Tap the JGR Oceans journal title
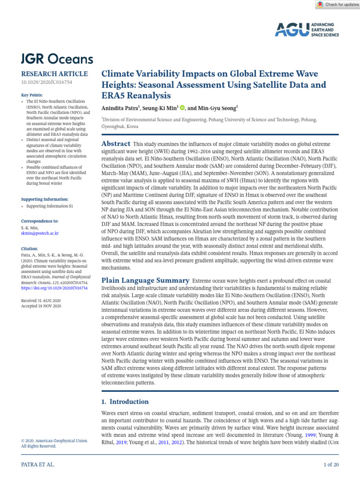tap(57, 59)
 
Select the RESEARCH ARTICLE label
tap(54, 74)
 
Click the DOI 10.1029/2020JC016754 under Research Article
tap(46, 82)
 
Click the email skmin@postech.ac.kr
tap(40, 233)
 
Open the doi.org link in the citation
tap(54, 288)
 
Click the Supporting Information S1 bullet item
tap(50, 206)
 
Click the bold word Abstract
tap(116, 144)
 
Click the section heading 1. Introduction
tap(125, 402)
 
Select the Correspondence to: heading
tap(40, 221)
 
